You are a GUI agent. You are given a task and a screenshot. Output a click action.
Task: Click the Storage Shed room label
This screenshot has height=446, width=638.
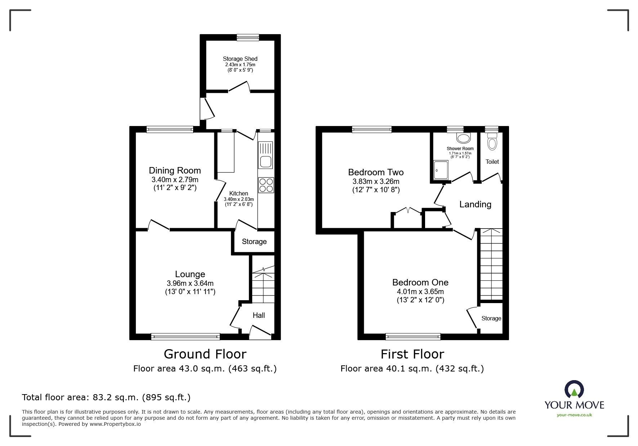240,59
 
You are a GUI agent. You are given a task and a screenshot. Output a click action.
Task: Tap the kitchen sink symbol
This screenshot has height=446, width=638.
266,155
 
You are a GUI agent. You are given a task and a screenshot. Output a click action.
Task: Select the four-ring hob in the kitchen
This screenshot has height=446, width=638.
266,185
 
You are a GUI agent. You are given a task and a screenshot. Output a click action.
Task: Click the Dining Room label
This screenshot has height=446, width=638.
175,170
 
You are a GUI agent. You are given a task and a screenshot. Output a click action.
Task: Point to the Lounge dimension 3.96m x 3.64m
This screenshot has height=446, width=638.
190,283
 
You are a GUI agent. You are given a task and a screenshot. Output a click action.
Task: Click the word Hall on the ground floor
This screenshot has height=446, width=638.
259,315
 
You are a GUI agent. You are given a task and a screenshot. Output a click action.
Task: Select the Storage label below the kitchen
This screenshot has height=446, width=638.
254,242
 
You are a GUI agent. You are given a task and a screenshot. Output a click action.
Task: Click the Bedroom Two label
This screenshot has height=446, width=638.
376,172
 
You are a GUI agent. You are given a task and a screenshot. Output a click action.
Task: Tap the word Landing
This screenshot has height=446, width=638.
475,204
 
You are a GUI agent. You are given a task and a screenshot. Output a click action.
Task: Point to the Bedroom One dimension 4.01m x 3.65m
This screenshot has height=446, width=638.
420,292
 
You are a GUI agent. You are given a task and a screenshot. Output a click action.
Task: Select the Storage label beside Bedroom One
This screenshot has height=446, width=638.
491,318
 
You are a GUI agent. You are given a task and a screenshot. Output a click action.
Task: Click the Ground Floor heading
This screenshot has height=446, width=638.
205,354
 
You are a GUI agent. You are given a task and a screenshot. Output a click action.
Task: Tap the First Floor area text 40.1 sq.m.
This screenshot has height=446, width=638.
412,369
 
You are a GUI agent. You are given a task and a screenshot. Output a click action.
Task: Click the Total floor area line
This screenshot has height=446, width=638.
106,397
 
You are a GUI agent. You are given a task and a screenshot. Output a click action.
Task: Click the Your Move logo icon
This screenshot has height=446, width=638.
574,389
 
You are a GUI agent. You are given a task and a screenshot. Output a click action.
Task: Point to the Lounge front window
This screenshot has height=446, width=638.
185,337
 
